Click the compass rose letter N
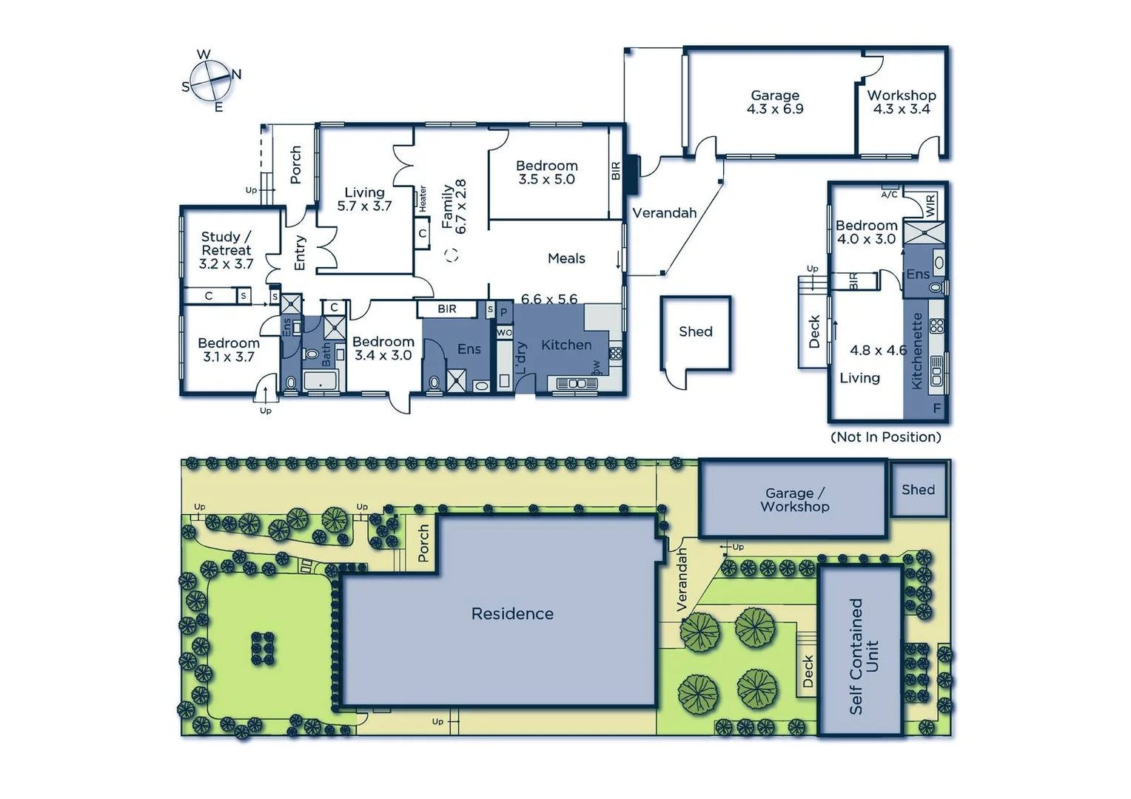[237, 74]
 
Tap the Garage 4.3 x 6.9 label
[775, 102]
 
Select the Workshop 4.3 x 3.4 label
[902, 102]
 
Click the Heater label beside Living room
[423, 198]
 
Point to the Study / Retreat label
[226, 250]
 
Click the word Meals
[566, 258]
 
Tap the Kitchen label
[566, 345]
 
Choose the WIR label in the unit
[930, 204]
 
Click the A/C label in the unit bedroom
[889, 195]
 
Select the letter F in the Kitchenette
[937, 408]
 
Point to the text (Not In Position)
[886, 436]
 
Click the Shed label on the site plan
[918, 490]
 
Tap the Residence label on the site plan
[512, 613]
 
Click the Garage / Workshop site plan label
[795, 500]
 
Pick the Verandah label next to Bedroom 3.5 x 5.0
[665, 213]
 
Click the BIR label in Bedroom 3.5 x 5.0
[616, 171]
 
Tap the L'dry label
[520, 357]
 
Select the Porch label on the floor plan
[295, 164]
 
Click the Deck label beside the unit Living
[813, 331]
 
